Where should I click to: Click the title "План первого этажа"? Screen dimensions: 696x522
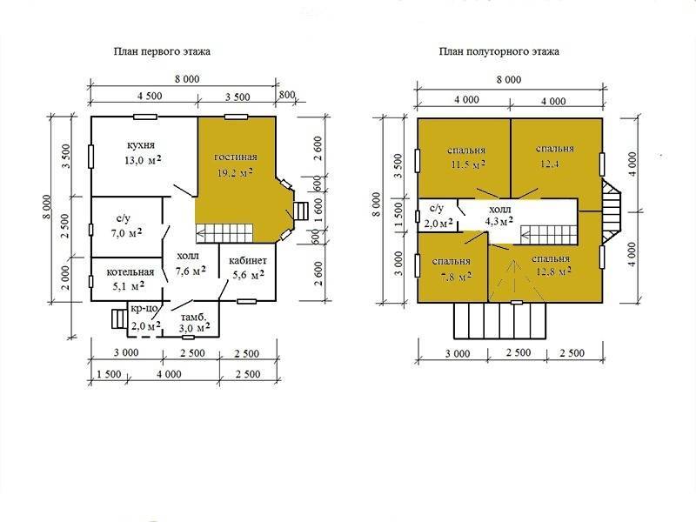(x=162, y=51)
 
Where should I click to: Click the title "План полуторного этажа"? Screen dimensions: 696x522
(x=499, y=51)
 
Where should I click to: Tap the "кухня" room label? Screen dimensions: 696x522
(x=141, y=145)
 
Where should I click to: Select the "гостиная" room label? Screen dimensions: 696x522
(x=236, y=157)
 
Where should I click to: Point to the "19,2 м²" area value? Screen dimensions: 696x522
(x=235, y=172)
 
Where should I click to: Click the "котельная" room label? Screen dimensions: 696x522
(x=130, y=272)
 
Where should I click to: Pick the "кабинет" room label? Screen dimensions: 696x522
(x=248, y=260)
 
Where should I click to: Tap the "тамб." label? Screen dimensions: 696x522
(x=193, y=318)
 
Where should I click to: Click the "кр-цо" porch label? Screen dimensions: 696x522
(x=144, y=308)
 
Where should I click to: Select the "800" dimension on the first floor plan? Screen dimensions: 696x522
(x=287, y=95)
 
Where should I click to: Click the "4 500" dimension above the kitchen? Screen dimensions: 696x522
(x=150, y=96)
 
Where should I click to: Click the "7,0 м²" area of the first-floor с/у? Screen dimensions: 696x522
(x=126, y=232)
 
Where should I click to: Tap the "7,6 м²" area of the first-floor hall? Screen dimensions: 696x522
(x=191, y=271)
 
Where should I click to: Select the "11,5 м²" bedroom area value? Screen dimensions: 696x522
(x=468, y=164)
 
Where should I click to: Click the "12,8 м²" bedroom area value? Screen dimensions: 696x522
(x=553, y=271)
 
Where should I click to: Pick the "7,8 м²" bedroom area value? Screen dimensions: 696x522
(x=455, y=277)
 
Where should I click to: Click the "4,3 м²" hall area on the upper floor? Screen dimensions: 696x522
(x=499, y=221)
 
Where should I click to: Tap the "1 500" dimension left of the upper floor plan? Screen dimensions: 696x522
(x=399, y=213)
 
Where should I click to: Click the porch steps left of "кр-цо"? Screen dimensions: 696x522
(x=118, y=318)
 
